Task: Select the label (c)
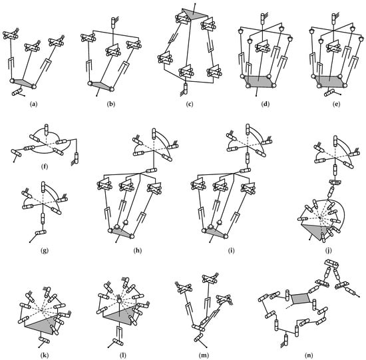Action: click(189, 104)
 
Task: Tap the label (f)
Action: click(44, 167)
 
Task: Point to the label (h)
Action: click(138, 250)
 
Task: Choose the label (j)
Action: click(329, 250)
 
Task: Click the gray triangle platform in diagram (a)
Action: click(23, 83)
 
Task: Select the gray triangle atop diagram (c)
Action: click(194, 14)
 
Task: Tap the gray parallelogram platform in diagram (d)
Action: click(259, 81)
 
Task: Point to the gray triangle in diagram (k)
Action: click(42, 324)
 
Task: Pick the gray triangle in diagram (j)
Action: click(316, 232)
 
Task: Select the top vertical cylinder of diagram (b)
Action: click(113, 23)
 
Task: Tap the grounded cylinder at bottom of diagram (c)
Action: click(186, 89)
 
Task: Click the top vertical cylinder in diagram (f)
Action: click(46, 130)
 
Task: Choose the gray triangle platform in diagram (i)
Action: click(215, 233)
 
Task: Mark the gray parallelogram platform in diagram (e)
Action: click(329, 81)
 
